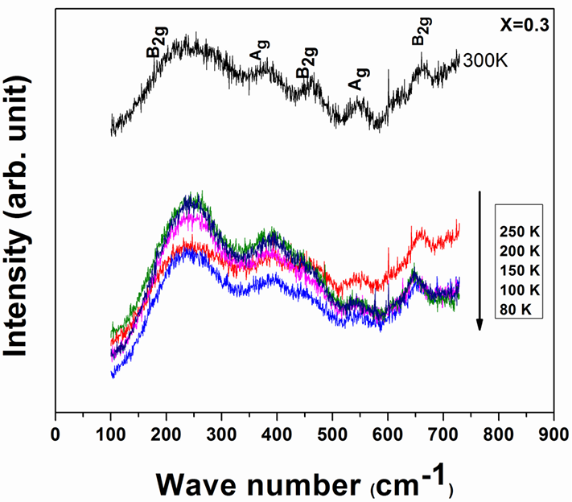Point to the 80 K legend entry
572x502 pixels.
pyautogui.click(x=514, y=308)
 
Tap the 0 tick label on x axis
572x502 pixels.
pyautogui.click(x=55, y=435)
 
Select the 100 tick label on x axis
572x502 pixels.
pyautogui.click(x=110, y=435)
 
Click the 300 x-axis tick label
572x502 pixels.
pyautogui.click(x=221, y=435)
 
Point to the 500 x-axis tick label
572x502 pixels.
pyautogui.click(x=332, y=435)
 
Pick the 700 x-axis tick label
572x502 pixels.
pyautogui.click(x=443, y=435)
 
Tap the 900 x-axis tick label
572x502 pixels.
pyautogui.click(x=553, y=435)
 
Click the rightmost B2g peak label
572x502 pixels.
pyautogui.click(x=419, y=33)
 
